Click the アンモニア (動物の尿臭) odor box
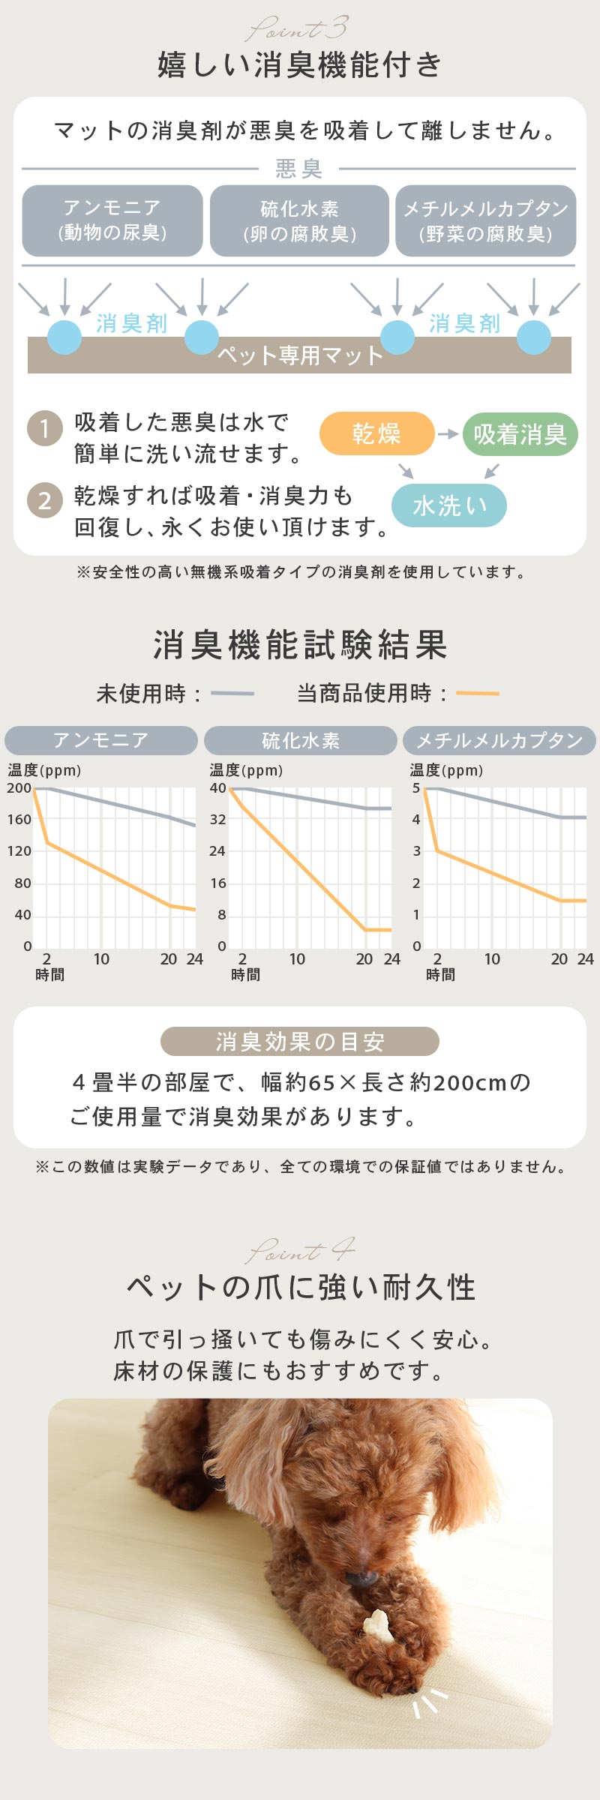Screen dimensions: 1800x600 [x=112, y=220]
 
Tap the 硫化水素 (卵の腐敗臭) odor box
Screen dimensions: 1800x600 [x=299, y=220]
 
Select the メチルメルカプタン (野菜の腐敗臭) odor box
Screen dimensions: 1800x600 [x=486, y=220]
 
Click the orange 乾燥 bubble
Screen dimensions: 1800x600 [x=376, y=433]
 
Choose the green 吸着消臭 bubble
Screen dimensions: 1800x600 [x=520, y=434]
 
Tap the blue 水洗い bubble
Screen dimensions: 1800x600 [x=449, y=505]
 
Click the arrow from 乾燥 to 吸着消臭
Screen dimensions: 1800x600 [x=448, y=433]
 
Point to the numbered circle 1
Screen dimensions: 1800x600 [x=44, y=429]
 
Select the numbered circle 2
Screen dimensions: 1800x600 [x=44, y=500]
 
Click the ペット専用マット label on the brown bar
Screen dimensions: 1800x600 [x=300, y=355]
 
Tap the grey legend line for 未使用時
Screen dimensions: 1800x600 [x=232, y=694]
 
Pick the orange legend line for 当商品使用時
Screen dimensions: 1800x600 [x=477, y=694]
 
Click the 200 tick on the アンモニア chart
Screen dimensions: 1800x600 [x=19, y=788]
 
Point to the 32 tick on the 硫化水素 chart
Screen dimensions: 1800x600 [x=217, y=820]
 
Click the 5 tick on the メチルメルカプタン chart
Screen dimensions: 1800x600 [x=416, y=788]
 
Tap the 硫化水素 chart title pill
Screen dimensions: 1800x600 [x=300, y=741]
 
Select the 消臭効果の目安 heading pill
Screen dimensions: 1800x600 [x=299, y=1041]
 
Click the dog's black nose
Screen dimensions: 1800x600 [x=362, y=1578]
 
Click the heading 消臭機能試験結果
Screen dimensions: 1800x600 [x=300, y=645]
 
